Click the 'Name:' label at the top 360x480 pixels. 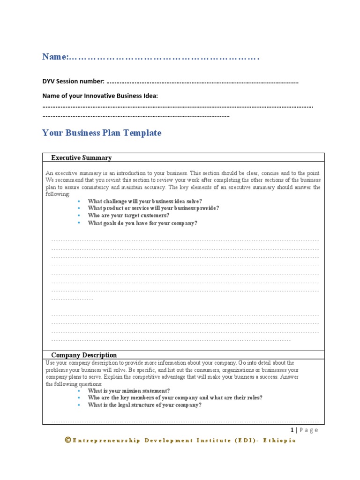click(55, 57)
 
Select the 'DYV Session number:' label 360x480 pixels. click(74, 82)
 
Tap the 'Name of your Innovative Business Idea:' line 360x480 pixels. click(100, 96)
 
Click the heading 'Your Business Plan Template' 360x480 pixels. click(102, 133)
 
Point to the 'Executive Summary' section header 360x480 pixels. click(81, 157)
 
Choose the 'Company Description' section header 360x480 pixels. click(84, 355)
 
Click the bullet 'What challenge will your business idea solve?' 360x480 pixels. click(145, 201)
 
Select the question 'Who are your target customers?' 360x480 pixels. click(128, 216)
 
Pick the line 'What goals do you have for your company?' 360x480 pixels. click(142, 223)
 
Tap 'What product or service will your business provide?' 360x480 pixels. click(153, 208)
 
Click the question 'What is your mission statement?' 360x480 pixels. click(129, 390)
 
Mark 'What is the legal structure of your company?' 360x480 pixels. click(145, 405)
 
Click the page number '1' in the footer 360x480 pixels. click(292, 430)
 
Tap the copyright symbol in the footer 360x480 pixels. click(68, 440)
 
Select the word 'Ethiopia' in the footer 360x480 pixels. click(279, 441)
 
